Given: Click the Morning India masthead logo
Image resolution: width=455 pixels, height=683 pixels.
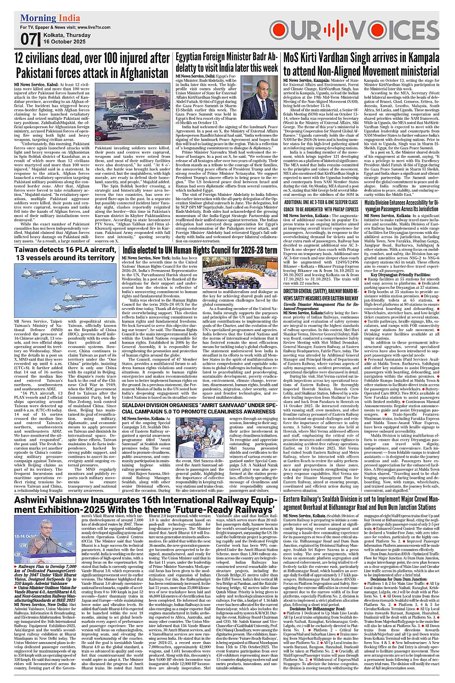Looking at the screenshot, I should (50, 18).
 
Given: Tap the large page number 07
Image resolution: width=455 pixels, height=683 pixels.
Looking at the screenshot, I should (28, 39).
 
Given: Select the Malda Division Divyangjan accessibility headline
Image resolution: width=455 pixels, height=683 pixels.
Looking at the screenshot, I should (402, 206).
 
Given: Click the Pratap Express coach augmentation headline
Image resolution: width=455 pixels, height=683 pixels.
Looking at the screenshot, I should (321, 206).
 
